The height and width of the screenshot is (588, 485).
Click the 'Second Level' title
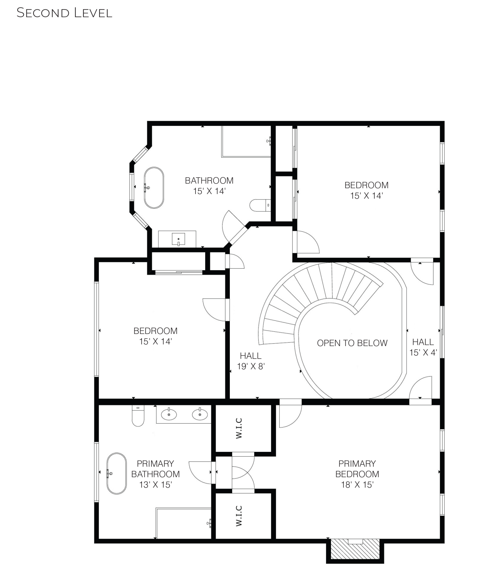tap(64, 13)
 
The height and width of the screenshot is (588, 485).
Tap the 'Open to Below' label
tap(352, 343)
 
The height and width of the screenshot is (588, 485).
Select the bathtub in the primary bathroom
tap(116, 473)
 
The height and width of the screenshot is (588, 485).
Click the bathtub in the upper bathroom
tap(154, 188)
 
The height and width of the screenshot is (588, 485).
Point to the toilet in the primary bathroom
tap(138, 415)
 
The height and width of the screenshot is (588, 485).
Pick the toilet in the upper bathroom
tap(260, 205)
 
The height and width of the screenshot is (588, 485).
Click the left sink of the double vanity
tap(169, 414)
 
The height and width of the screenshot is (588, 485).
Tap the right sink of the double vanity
tap(200, 414)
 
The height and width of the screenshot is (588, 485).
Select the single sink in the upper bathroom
tap(178, 239)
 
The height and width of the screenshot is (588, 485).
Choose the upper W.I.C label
tap(239, 428)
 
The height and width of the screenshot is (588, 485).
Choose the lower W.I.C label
tap(239, 516)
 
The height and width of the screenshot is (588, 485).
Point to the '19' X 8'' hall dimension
tap(251, 366)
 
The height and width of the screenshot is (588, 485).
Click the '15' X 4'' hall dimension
tap(423, 353)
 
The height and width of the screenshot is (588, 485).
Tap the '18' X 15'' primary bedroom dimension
tap(357, 485)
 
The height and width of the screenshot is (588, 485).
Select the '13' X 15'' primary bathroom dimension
tap(155, 485)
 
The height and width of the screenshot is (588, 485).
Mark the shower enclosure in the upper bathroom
tap(246, 141)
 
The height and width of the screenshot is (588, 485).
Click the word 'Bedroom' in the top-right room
tap(367, 185)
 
